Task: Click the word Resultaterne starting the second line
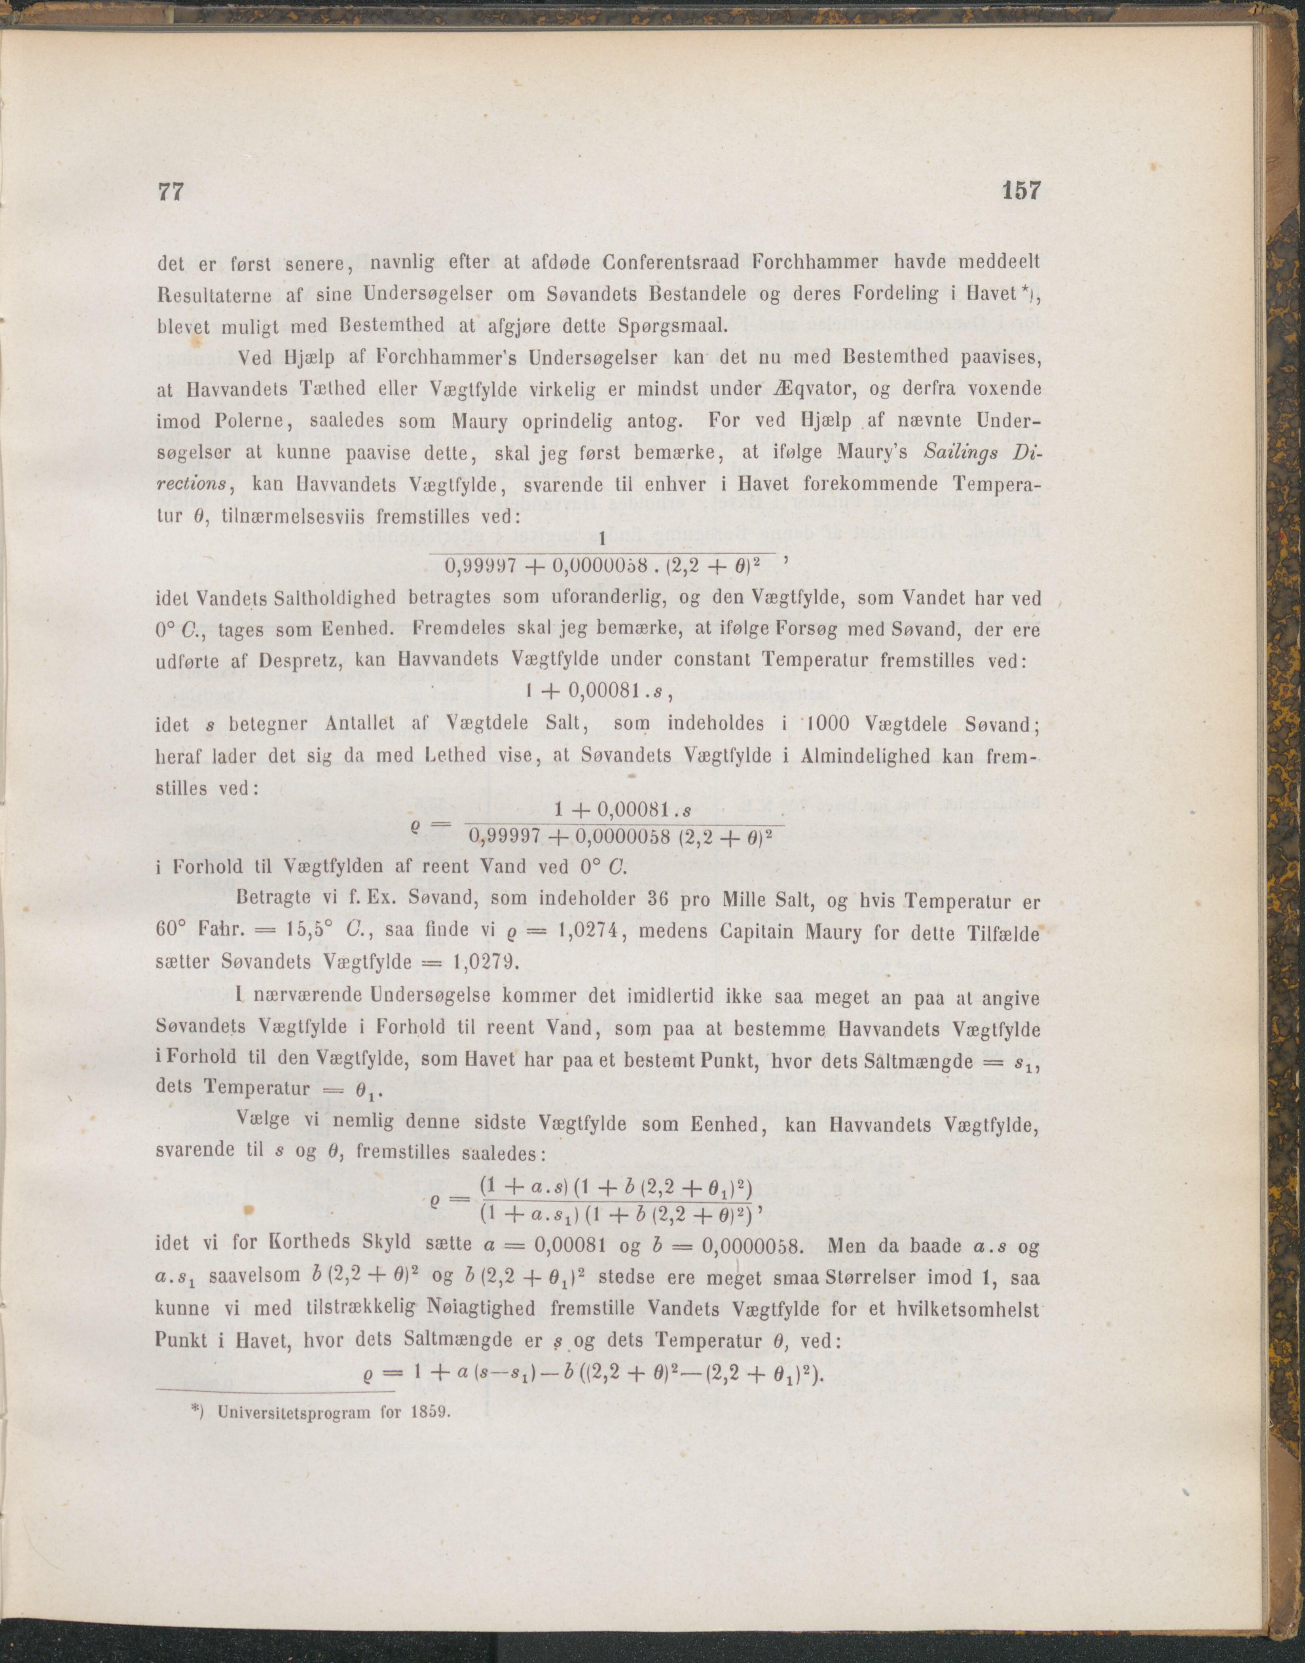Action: (216, 295)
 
